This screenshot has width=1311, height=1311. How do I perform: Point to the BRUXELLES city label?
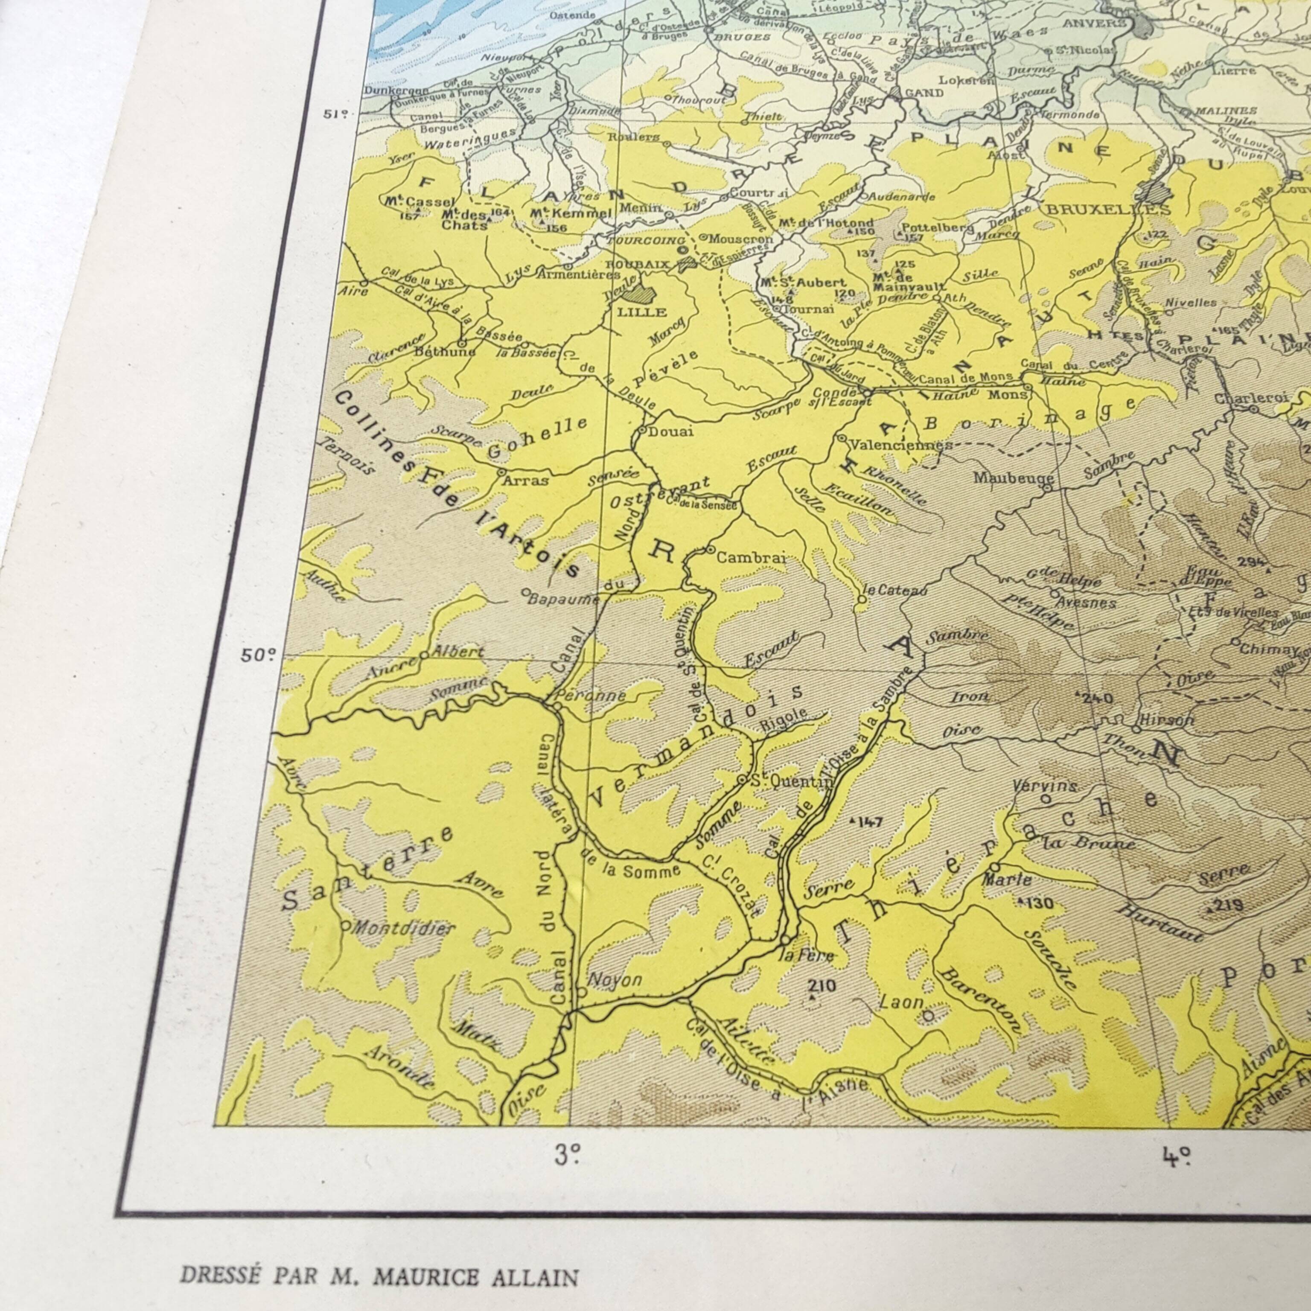tap(1108, 210)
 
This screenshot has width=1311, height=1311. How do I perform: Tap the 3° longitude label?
tap(567, 1155)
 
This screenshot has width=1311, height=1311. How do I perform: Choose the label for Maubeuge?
tap(1008, 478)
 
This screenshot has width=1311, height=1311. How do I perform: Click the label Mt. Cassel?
tap(411, 203)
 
